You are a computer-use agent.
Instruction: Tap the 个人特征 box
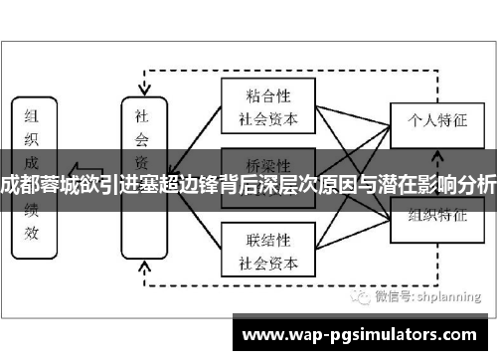pyautogui.click(x=429, y=117)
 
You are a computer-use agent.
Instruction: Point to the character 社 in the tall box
pyautogui.click(x=142, y=115)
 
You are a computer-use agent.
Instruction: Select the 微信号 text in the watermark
pyautogui.click(x=386, y=296)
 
